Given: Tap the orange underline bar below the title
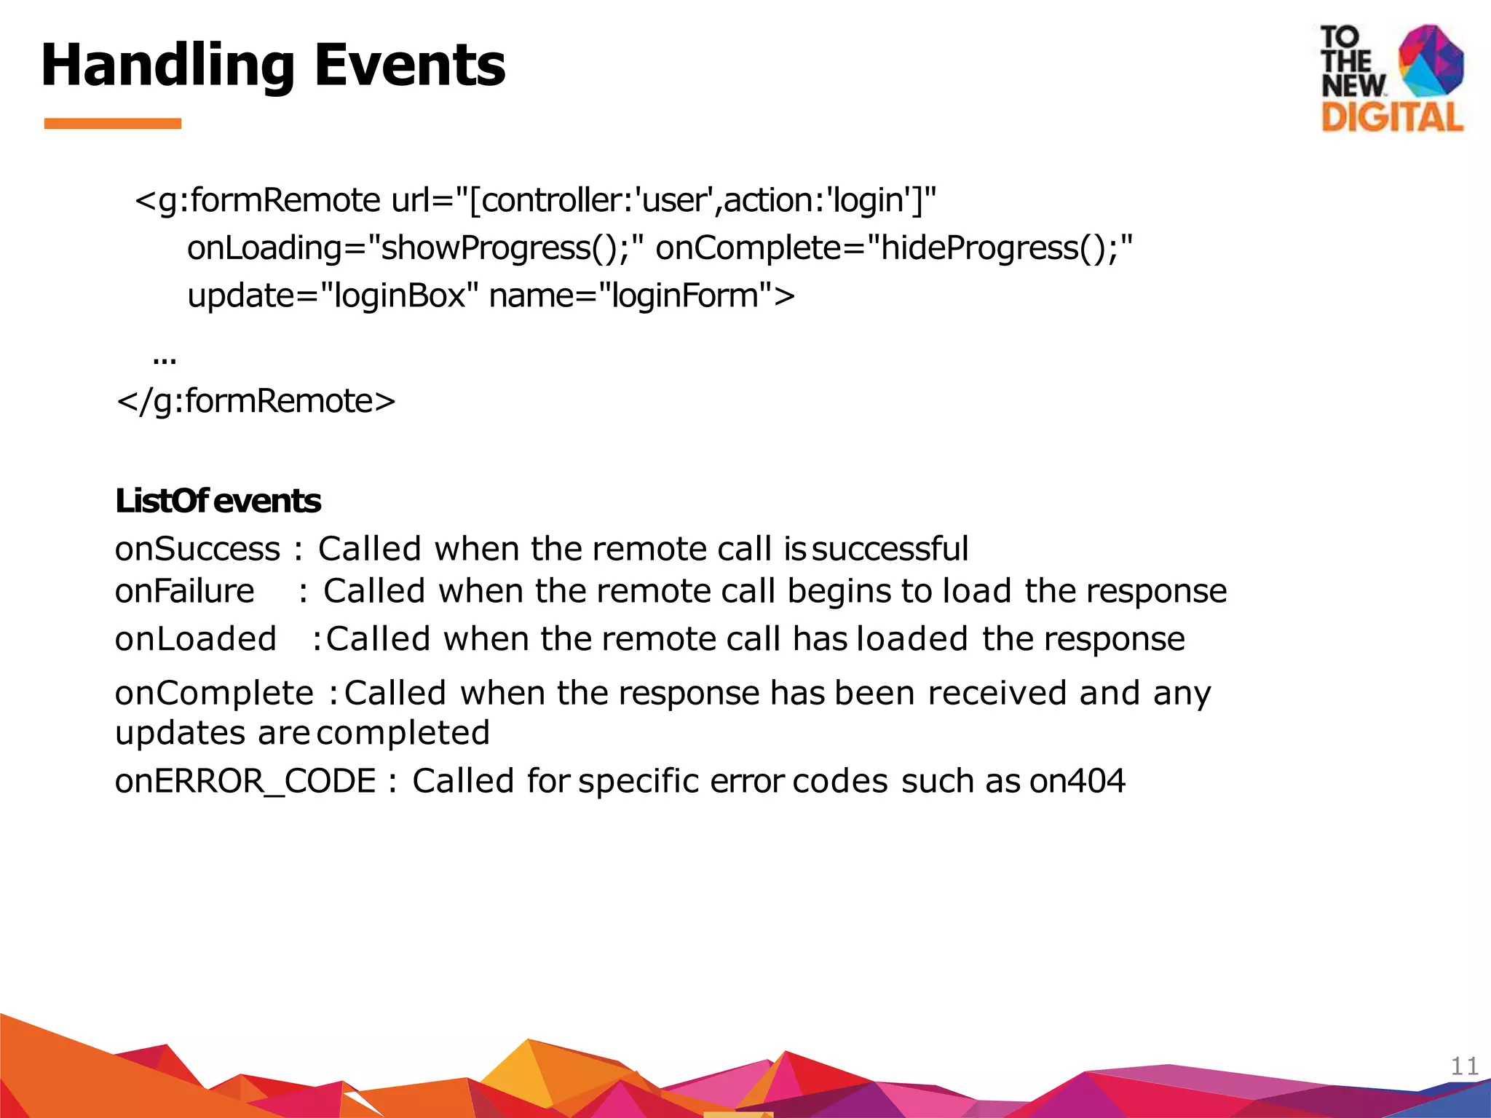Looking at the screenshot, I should (x=113, y=124).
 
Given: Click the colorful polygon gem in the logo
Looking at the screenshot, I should (x=1431, y=61).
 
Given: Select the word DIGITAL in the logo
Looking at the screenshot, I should (x=1392, y=116).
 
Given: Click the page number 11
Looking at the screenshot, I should (x=1464, y=1066).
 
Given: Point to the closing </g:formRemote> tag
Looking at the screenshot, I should (x=256, y=401).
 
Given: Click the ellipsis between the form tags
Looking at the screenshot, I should (x=165, y=357).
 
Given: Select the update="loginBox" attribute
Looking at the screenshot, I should (x=333, y=296).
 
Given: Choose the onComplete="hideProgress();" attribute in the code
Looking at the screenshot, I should (x=894, y=247).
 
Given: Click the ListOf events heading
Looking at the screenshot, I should (x=218, y=501).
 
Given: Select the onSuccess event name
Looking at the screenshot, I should (x=197, y=549).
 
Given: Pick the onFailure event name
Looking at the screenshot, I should (x=185, y=591).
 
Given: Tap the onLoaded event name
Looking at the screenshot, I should (x=196, y=639).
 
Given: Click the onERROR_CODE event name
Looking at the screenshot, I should (x=245, y=781).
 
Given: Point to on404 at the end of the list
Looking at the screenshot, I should (x=1077, y=781).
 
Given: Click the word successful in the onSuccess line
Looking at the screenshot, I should (x=890, y=549).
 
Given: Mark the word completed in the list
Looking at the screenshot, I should (x=403, y=733).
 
